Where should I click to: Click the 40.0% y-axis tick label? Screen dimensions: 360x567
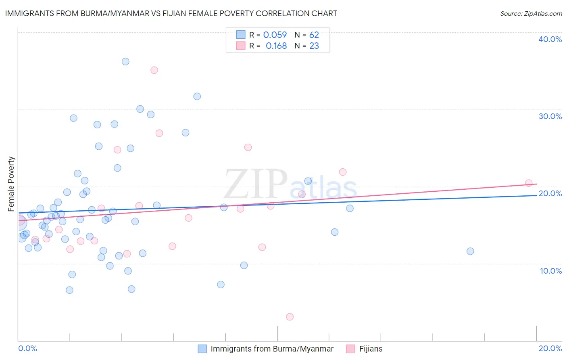pos(550,39)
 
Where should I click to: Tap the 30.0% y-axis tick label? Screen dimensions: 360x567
pos(550,116)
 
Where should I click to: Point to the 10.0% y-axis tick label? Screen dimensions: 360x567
pos(551,271)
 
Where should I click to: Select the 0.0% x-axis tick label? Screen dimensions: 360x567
pos(28,348)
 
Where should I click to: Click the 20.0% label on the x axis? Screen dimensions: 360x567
pos(550,348)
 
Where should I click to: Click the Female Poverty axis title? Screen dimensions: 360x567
pos(11,184)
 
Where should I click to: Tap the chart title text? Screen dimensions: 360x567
pos(171,13)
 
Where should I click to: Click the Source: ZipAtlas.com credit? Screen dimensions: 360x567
pos(531,14)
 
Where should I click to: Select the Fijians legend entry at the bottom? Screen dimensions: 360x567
pos(371,349)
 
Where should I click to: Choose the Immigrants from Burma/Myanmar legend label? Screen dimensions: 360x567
pos(272,349)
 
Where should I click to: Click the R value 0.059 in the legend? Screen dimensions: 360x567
pos(275,35)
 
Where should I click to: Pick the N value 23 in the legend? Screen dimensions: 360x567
pos(314,46)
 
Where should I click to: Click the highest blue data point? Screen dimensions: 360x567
pos(125,62)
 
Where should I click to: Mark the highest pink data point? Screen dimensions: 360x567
pos(154,70)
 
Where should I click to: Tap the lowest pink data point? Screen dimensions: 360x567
pos(290,317)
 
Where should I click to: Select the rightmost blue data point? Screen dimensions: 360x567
pos(470,251)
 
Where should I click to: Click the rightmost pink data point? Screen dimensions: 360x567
pos(529,183)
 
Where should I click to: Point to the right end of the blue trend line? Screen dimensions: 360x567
pos(536,195)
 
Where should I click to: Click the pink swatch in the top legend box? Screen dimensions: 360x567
pos(241,46)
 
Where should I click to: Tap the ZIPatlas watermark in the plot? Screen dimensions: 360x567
pos(290,185)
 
